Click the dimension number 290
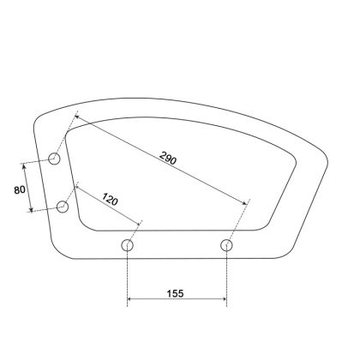pos(168,158)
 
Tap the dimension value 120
pos(110,199)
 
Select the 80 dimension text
pos(20,189)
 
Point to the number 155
pos(175,293)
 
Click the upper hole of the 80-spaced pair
pos(54,159)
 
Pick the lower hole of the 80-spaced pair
pos(63,207)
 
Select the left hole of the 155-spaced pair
pos(127,245)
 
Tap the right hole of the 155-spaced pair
pos(226,245)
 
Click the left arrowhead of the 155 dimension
pos(129,299)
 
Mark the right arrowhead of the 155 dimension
pos(225,299)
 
